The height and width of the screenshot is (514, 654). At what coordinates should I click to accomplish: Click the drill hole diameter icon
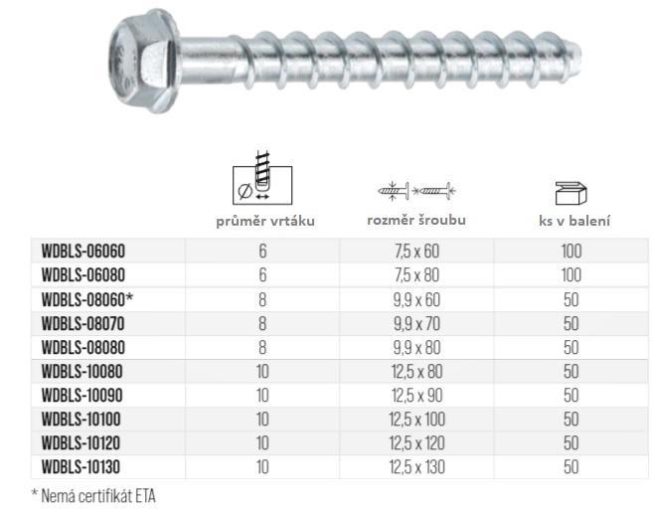pos(262,179)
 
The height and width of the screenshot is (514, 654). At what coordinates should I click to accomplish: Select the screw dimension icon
pos(416,191)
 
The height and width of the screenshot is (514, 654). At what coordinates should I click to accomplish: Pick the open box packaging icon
pos(571,193)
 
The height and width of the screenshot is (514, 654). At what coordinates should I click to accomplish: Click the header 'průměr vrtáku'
pos(265,221)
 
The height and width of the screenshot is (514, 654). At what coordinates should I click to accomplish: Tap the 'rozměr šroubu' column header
pos(416,221)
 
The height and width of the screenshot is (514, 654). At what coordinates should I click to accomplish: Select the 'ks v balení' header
pos(574,221)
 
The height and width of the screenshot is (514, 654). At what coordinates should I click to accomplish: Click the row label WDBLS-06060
pos(83,252)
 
